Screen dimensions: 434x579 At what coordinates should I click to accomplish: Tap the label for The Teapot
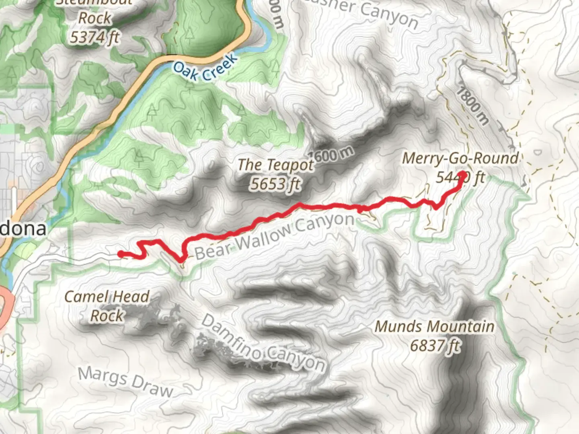pos(275,165)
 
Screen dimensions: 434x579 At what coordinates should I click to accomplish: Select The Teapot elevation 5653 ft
pos(275,184)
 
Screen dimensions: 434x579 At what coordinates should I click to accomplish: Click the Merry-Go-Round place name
pos(460,158)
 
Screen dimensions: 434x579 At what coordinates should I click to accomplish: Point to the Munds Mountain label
pos(435,326)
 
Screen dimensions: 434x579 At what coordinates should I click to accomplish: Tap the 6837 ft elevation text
pos(435,345)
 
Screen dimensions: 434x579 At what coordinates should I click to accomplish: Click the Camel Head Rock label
pos(107,306)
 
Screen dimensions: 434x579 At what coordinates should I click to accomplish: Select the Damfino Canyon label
pos(263,344)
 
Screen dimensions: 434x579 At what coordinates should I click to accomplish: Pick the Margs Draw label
pos(125,381)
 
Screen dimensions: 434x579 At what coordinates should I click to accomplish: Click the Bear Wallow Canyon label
pos(275,236)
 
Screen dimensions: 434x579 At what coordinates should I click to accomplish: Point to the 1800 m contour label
pos(473,106)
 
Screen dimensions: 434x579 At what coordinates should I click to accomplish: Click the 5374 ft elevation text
pos(95,37)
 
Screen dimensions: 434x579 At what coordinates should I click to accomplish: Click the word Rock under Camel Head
pos(107,315)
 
